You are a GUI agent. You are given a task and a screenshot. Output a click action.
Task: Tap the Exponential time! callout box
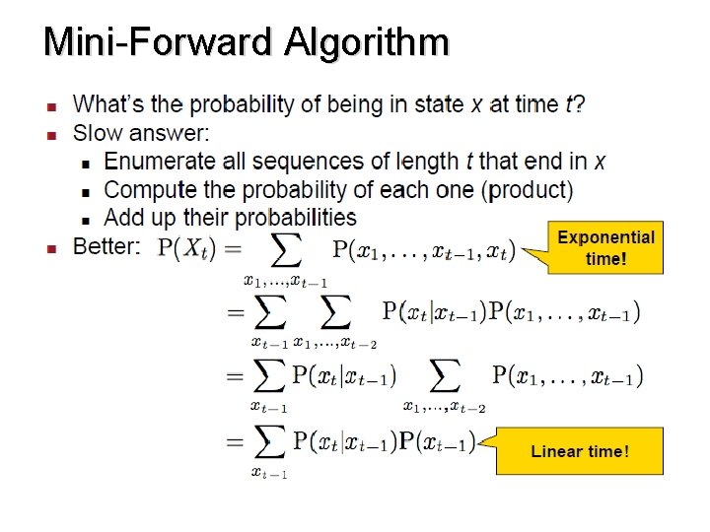605,247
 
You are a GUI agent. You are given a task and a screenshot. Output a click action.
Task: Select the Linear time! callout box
580,451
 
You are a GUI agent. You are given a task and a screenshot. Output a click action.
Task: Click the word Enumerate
158,161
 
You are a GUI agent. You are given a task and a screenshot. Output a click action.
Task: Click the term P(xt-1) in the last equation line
437,441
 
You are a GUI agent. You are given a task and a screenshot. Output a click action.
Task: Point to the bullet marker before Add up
86,219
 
